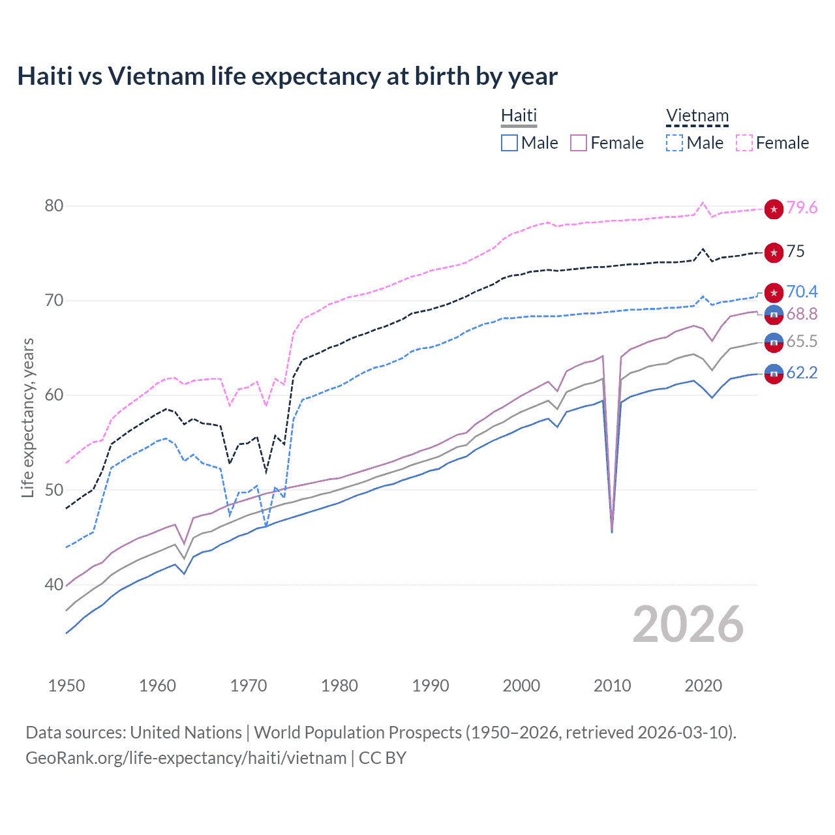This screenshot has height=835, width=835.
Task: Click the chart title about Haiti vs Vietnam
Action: click(287, 76)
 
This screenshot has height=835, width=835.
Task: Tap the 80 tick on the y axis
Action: click(53, 205)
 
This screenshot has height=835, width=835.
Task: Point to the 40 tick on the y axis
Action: click(53, 584)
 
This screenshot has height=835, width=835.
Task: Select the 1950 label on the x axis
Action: click(67, 686)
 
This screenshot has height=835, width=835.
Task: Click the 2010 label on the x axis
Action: click(612, 686)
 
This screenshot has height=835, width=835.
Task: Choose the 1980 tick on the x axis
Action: click(339, 686)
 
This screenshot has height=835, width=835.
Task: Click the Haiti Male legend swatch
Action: click(509, 143)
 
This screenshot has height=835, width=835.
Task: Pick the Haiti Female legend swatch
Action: click(579, 143)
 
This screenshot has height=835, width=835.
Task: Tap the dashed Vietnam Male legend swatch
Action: click(675, 143)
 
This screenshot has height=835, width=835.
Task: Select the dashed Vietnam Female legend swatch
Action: click(744, 143)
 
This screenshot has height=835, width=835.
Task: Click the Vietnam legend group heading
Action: click(697, 115)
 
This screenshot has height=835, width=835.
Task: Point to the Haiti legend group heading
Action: click(519, 115)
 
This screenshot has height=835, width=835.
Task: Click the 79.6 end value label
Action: click(802, 207)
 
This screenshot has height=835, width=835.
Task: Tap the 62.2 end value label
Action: click(802, 372)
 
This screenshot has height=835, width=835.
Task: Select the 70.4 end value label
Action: click(802, 292)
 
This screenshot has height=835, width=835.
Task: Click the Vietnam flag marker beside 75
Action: click(774, 252)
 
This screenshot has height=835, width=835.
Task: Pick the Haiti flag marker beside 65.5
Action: click(774, 342)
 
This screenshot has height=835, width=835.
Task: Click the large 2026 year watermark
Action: click(688, 624)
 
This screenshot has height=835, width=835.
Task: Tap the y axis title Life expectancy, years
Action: click(27, 417)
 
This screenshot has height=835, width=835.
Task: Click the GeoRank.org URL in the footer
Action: click(186, 758)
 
